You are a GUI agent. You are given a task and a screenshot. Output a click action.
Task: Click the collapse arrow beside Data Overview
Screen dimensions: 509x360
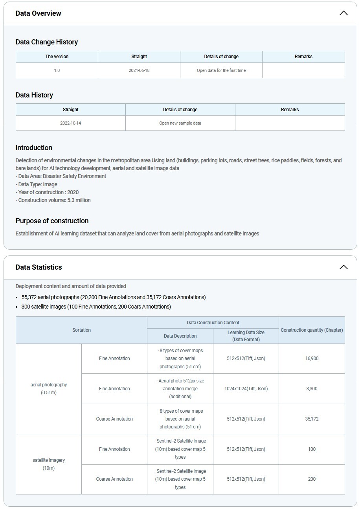(343, 13)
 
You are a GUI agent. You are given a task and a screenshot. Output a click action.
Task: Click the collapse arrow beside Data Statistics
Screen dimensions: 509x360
(343, 267)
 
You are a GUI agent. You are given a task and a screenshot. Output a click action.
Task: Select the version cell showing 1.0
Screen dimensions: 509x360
(57, 70)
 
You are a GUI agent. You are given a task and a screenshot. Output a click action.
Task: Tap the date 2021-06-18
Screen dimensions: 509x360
(139, 70)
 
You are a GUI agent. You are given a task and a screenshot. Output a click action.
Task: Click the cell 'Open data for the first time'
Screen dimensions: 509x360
(221, 70)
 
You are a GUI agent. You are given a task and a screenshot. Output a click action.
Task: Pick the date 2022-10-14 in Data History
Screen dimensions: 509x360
(71, 123)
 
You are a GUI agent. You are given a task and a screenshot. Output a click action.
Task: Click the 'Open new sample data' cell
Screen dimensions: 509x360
(180, 123)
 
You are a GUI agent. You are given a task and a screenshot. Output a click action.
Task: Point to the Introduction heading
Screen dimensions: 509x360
(34, 148)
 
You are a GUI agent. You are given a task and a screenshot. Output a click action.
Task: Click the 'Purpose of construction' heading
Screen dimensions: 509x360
(52, 221)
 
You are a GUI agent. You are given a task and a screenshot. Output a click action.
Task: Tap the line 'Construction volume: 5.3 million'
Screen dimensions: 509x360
(53, 200)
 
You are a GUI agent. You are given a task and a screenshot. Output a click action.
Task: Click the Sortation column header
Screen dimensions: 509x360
(81, 330)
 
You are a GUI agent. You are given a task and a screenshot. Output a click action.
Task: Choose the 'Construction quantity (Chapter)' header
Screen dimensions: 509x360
(312, 330)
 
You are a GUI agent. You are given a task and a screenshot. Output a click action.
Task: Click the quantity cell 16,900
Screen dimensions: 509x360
(312, 358)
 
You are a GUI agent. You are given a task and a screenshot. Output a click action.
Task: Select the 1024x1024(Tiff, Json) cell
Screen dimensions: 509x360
(246, 389)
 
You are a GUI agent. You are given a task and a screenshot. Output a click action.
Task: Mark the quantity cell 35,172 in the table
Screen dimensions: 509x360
(312, 419)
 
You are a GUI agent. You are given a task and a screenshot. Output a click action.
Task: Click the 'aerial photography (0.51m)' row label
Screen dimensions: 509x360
(49, 389)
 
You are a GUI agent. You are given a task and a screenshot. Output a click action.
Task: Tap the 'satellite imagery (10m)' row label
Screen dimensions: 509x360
(49, 464)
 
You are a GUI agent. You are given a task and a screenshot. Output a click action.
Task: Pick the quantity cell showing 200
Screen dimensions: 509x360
(312, 479)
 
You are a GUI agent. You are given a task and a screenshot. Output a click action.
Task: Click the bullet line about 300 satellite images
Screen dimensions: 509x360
(96, 307)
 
